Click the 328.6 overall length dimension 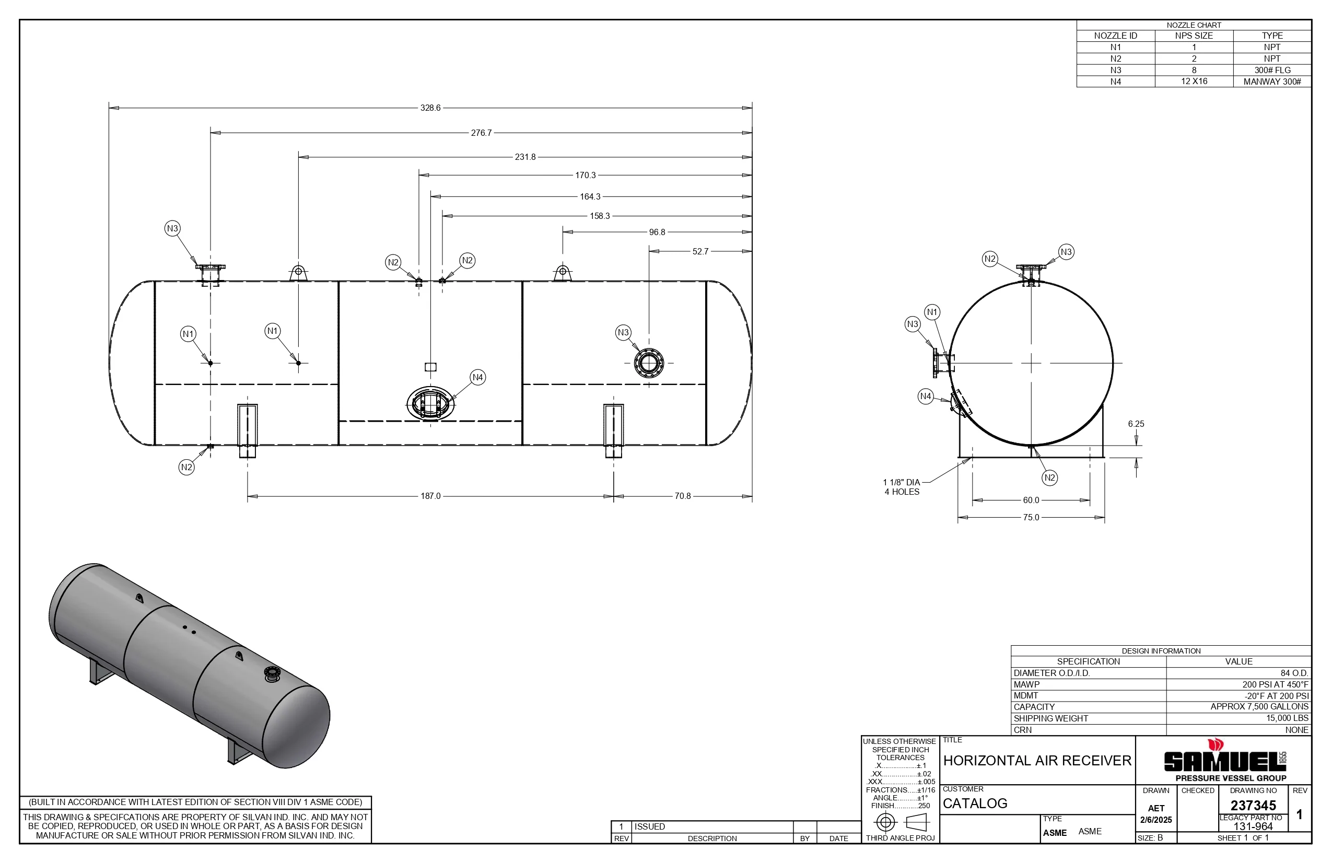(430, 108)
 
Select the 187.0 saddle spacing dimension (430, 496)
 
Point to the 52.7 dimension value (700, 252)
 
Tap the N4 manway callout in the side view (477, 377)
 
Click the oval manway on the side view (430, 403)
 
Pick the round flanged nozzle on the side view (649, 363)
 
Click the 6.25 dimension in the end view (1136, 424)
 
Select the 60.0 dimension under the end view (1031, 500)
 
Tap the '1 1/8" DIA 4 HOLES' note (902, 487)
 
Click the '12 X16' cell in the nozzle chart (1194, 81)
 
